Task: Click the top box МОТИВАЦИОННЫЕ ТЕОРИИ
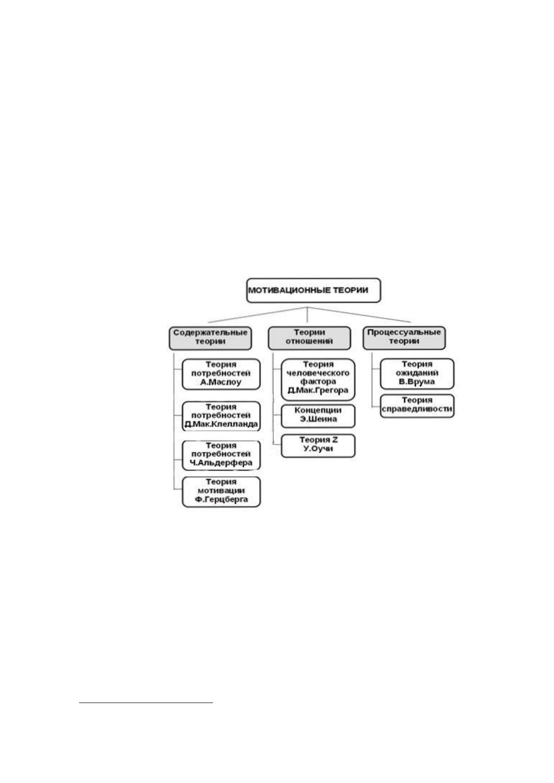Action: coord(314,291)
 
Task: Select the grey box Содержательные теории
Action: coord(210,338)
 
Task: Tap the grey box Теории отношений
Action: coord(309,338)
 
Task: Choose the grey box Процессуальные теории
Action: coord(404,338)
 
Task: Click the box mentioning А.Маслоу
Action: coord(221,374)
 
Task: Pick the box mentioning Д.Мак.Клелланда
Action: coord(221,416)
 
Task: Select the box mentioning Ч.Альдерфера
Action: coord(221,455)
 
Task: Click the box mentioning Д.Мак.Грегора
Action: coord(318,379)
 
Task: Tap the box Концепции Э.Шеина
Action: coord(318,416)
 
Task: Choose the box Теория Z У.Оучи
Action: coord(318,446)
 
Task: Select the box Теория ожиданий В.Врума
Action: coord(417,374)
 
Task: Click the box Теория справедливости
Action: coord(417,406)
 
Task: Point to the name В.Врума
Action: coord(417,382)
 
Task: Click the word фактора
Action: coord(318,382)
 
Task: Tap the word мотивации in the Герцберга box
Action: coord(221,491)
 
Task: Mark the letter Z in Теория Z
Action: coord(335,440)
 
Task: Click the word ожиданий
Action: coord(417,373)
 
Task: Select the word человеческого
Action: coord(318,373)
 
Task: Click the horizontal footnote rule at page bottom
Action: coord(146,702)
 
